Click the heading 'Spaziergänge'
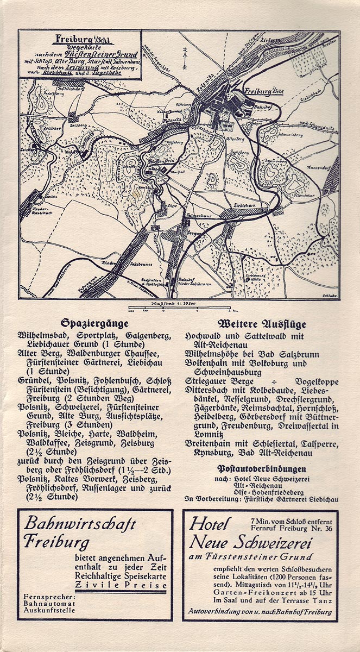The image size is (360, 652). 89,323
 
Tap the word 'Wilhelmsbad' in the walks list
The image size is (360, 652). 40,335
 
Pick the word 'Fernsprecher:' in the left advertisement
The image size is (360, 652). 49,597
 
